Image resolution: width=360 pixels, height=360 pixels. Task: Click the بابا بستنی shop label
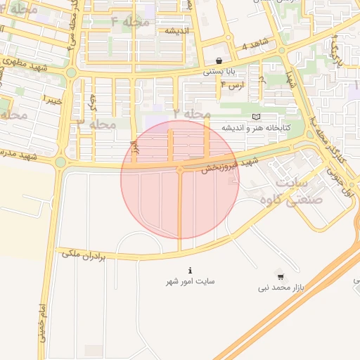coord(219,72)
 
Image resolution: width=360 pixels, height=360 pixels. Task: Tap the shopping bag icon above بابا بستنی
coord(219,61)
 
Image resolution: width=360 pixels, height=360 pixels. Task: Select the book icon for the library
coord(255,116)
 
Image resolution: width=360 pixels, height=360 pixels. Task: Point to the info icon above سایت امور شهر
coord(190,270)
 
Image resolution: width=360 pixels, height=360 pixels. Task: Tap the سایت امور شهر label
coord(190,281)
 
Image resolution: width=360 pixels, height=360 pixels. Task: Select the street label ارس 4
coord(232,85)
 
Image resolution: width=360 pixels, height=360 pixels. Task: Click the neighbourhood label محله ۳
coord(95,124)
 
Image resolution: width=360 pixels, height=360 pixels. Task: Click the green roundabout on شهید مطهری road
coord(70,72)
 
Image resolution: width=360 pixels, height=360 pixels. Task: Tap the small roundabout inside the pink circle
coord(180,169)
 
